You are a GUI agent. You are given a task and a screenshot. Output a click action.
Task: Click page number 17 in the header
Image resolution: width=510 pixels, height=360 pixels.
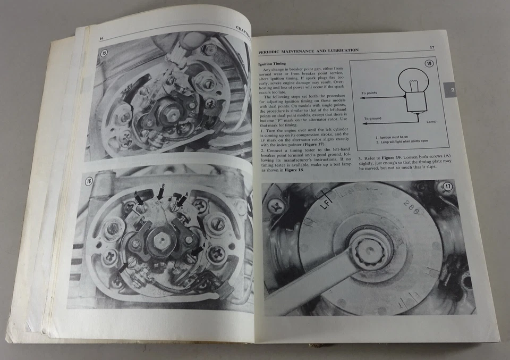coord(431,48)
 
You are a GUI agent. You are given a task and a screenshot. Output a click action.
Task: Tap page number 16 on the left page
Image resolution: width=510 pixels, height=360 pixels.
coord(101,38)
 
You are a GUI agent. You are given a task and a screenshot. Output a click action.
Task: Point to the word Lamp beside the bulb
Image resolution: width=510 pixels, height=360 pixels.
coord(433,121)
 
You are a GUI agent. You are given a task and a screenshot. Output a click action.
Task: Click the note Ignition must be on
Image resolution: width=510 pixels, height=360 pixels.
coord(392,137)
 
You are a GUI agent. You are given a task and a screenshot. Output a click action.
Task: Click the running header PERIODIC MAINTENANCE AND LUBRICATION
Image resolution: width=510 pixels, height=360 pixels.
coord(308,51)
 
